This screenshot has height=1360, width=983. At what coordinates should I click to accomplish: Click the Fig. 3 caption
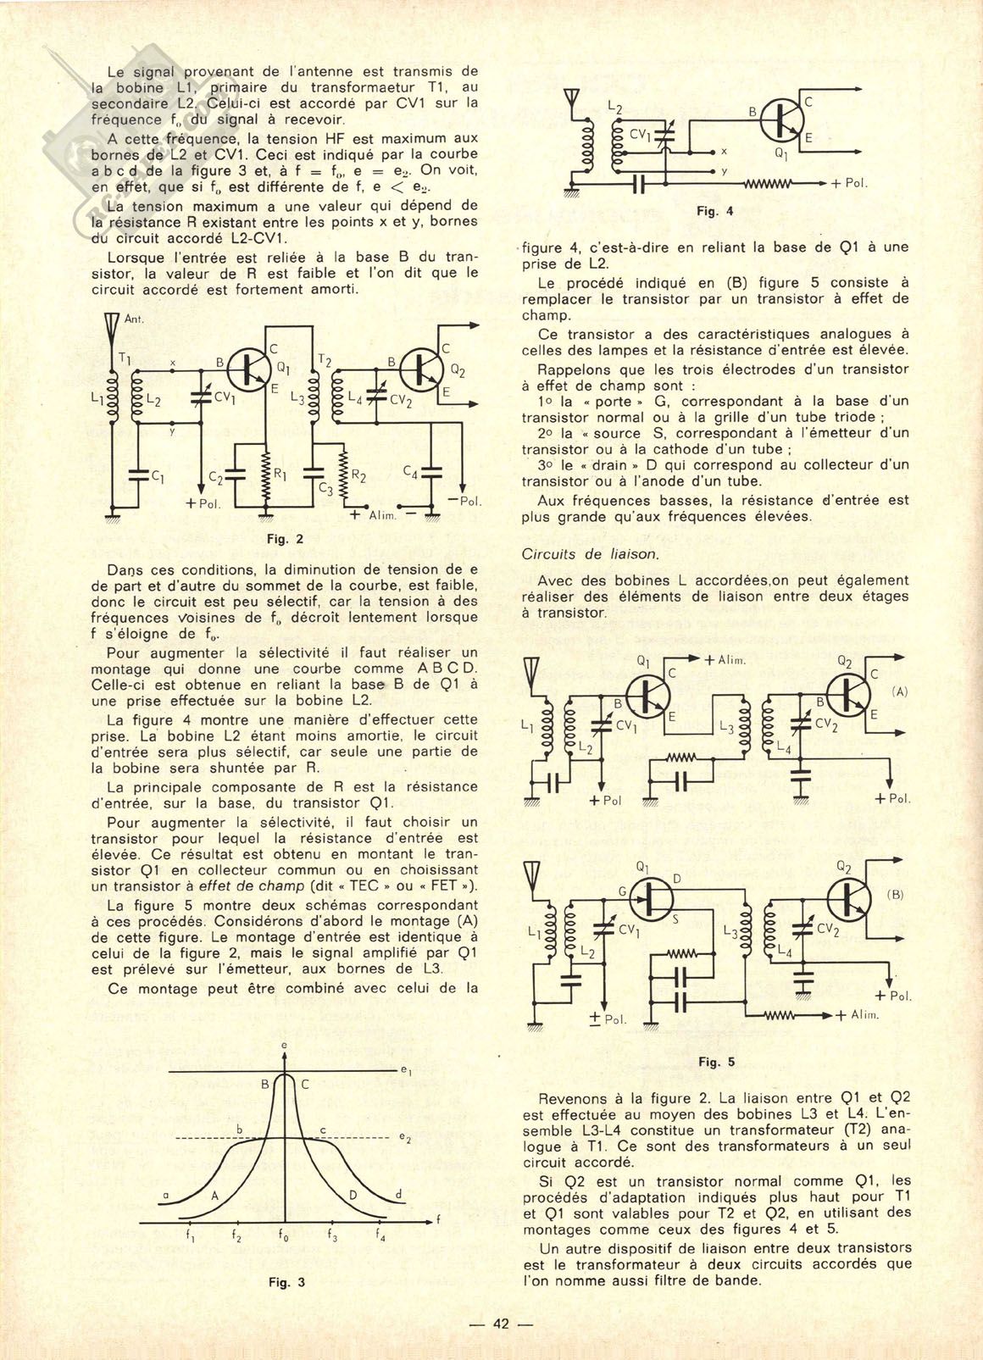[286, 1282]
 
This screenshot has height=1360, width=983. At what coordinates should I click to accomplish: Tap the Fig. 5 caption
[717, 1062]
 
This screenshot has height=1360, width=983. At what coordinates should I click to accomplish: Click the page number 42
[500, 1324]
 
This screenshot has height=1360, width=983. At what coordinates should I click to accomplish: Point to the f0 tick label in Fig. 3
[283, 1237]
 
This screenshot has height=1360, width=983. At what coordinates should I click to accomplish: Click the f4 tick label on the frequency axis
[381, 1237]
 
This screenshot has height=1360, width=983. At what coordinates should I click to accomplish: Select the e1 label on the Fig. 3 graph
[406, 1072]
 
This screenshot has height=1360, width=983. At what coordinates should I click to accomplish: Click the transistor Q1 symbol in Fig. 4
[781, 121]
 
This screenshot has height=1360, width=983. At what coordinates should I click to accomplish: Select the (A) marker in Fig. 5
[899, 691]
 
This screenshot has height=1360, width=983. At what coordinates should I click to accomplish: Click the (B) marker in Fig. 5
[895, 894]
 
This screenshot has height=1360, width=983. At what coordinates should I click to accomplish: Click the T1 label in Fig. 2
[125, 358]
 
